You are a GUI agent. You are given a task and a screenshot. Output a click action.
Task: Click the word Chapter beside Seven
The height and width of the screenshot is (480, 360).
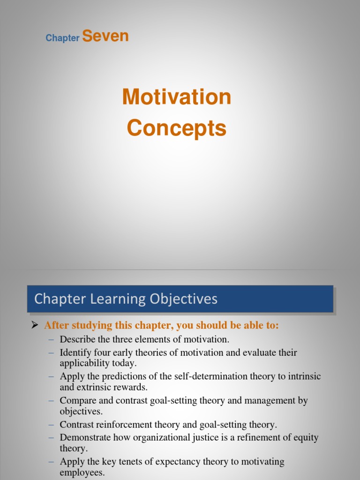click(62, 38)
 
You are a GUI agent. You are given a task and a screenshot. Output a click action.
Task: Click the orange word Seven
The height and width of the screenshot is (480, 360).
click(105, 37)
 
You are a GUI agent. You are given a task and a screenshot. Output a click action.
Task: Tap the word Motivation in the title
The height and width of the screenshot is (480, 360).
click(177, 97)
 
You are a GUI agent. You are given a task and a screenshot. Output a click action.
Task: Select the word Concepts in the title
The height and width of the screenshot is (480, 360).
click(177, 128)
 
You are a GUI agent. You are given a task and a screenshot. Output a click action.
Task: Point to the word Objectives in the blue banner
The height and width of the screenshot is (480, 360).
click(188, 299)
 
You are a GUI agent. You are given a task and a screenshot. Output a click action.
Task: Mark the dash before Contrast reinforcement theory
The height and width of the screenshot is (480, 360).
click(51, 425)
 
